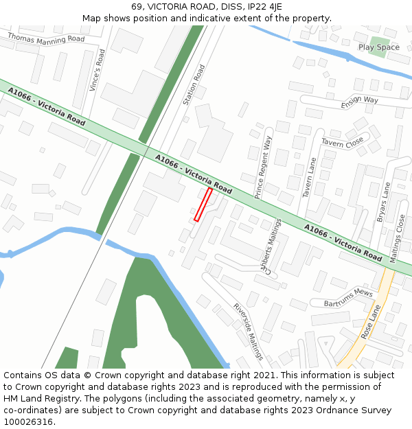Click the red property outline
click(203, 205)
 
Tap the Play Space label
click(378, 47)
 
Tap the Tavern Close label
click(342, 143)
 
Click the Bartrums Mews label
click(348, 297)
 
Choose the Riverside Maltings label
click(248, 332)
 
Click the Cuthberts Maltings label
click(270, 246)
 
